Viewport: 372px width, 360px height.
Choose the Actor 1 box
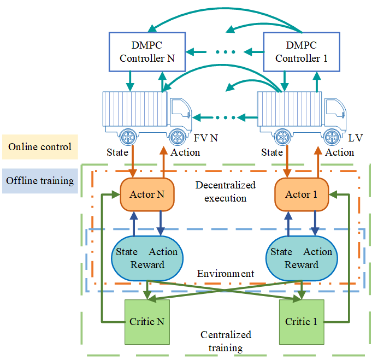click(298, 194)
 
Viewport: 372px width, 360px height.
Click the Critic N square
click(147, 322)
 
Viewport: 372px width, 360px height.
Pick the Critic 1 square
click(301, 322)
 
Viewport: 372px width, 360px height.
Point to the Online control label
click(40, 147)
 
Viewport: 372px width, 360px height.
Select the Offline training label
click(40, 180)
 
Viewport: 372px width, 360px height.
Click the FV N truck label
click(206, 139)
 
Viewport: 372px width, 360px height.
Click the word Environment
click(226, 273)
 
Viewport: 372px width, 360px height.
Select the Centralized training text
click(226, 341)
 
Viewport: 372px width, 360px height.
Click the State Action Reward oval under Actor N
click(146, 258)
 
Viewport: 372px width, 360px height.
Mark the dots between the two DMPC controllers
click(226, 52)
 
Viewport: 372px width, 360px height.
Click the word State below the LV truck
click(271, 152)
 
